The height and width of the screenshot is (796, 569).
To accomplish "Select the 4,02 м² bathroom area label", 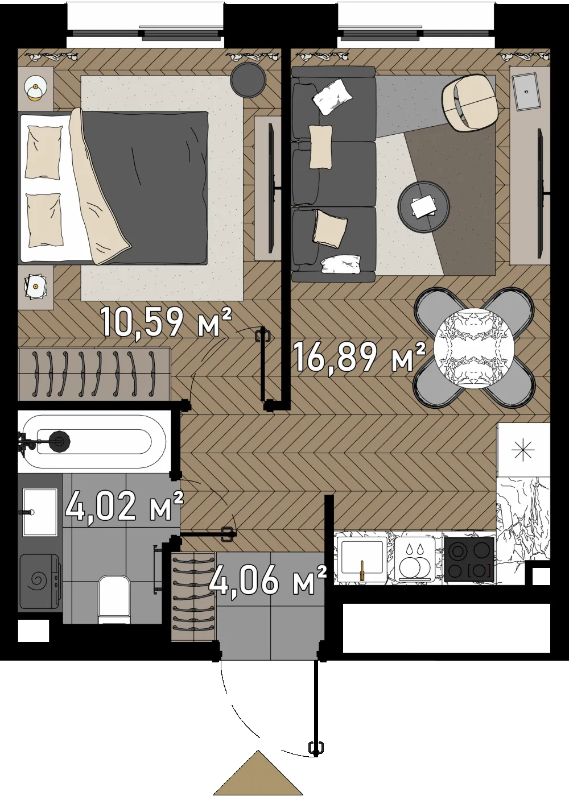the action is pyautogui.click(x=124, y=505).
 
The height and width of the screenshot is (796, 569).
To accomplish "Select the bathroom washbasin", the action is pyautogui.click(x=40, y=512).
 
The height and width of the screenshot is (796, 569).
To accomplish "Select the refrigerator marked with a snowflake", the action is pyautogui.click(x=523, y=450).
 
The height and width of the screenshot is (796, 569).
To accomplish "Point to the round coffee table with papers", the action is pyautogui.click(x=424, y=207).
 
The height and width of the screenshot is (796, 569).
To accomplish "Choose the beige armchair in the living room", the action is pyautogui.click(x=469, y=103).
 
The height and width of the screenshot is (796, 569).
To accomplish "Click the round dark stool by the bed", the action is pyautogui.click(x=248, y=80).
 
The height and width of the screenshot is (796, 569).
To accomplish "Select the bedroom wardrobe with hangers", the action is pyautogui.click(x=94, y=374).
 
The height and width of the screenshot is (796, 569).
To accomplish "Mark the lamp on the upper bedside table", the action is pyautogui.click(x=36, y=89).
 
